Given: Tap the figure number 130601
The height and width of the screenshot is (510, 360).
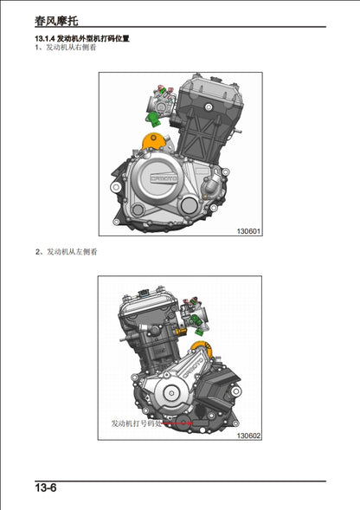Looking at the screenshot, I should (247, 231).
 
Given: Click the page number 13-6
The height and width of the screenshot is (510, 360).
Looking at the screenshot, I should (46, 489).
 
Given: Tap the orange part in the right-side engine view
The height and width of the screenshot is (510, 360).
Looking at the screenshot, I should (152, 139).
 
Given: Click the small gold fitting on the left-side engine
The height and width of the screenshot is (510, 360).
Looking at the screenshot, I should (179, 332).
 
